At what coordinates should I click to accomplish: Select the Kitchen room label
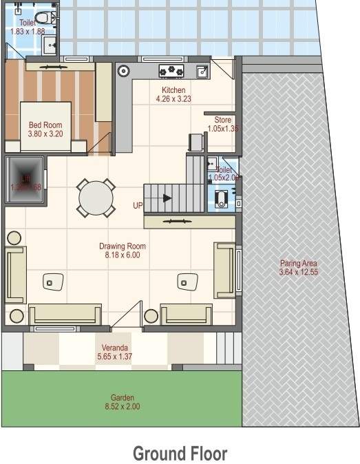click(x=173, y=90)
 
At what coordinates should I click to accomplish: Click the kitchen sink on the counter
click(x=202, y=70)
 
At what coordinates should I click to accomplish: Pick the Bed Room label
click(x=45, y=125)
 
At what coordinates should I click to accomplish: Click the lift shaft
click(x=25, y=180)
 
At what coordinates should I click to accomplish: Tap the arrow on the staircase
click(x=167, y=198)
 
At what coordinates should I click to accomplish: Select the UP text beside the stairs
click(x=138, y=205)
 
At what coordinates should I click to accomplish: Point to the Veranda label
click(x=116, y=348)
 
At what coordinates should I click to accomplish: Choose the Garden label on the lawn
click(x=123, y=397)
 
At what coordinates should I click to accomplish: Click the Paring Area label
click(x=298, y=264)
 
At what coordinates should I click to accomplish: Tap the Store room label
click(x=222, y=120)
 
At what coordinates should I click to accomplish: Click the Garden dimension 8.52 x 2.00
click(x=123, y=406)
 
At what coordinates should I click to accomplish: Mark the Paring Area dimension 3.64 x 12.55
click(x=298, y=273)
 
